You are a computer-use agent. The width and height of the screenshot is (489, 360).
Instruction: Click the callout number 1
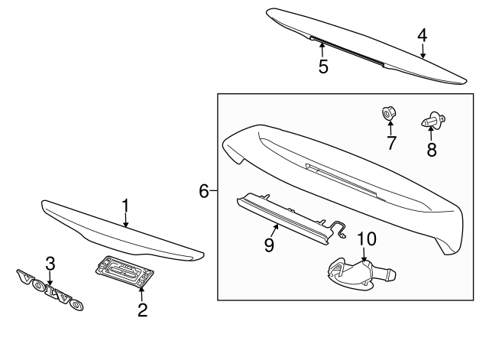point(127,206)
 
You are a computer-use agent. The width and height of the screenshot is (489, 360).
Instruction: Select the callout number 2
point(142,310)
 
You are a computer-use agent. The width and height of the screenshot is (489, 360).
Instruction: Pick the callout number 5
point(323,66)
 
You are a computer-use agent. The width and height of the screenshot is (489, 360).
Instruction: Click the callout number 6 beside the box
point(204,191)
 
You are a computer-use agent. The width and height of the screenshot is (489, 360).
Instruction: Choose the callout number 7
point(390,142)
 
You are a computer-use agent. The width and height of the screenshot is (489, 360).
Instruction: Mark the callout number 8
point(432,149)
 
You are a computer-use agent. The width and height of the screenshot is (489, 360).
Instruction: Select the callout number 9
point(269,244)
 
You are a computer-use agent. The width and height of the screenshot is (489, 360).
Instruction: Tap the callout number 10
point(367,238)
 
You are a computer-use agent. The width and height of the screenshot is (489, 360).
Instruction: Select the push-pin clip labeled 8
point(432,120)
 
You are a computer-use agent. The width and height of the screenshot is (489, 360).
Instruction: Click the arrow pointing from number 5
point(322,50)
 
